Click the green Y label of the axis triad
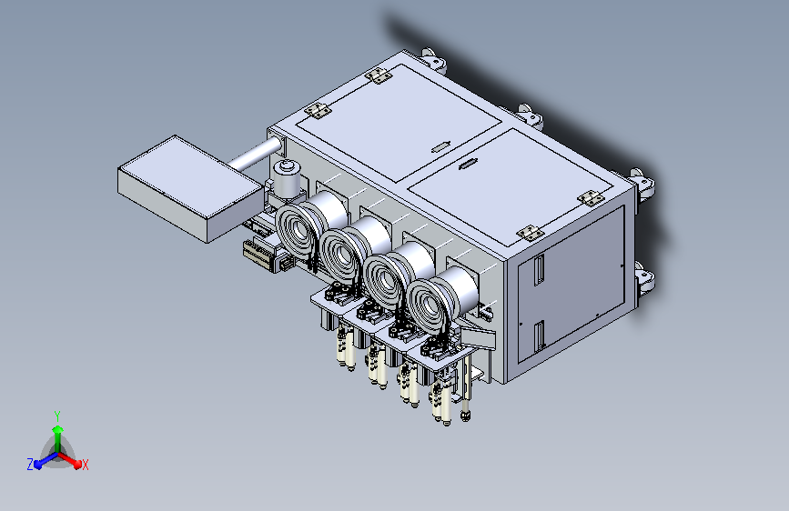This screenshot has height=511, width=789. click(x=57, y=416)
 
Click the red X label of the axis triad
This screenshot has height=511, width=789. click(x=86, y=465)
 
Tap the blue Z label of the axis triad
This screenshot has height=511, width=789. click(x=30, y=465)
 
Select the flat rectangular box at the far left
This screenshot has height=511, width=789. click(x=191, y=187)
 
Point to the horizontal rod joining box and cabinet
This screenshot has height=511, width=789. click(x=254, y=154)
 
